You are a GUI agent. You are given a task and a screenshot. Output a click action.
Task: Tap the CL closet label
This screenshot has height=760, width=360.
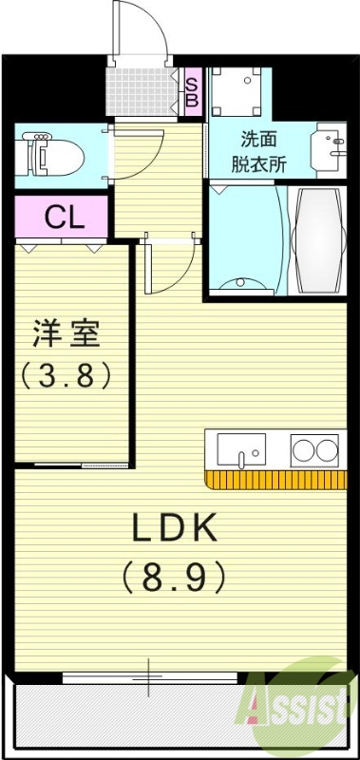pos(65,217)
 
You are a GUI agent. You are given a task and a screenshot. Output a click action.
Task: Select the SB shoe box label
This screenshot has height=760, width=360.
pos(191,91)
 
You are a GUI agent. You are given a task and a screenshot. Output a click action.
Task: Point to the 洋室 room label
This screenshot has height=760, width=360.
pos(66,334)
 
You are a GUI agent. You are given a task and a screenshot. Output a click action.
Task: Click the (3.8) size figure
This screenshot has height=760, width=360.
pos(66,375)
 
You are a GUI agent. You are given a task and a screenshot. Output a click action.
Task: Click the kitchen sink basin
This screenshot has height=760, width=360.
pos(244,448)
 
